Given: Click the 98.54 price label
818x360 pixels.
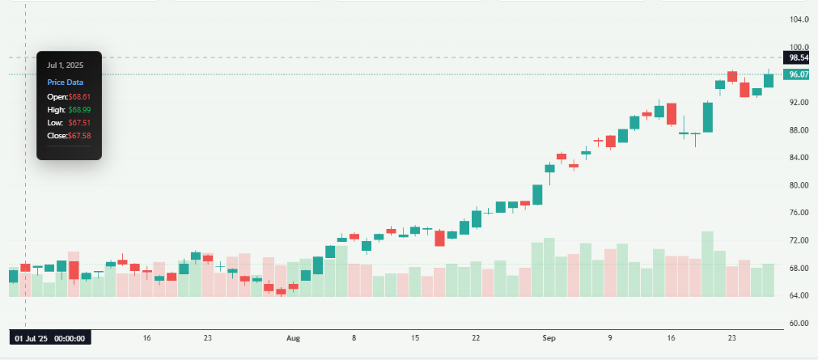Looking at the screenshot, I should click(x=799, y=57).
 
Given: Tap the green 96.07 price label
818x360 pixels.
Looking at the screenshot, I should click(x=799, y=74).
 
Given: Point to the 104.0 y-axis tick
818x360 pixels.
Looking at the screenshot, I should click(x=799, y=19).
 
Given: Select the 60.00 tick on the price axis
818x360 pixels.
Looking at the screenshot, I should click(x=799, y=324).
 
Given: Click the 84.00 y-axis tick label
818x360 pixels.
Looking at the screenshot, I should click(x=799, y=158).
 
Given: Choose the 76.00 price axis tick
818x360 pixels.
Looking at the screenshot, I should click(x=799, y=213).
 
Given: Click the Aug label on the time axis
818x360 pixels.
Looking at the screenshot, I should click(x=294, y=338).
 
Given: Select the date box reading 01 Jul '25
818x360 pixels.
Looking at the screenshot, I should click(x=50, y=338).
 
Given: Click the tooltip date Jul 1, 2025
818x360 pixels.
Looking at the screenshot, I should click(x=65, y=65).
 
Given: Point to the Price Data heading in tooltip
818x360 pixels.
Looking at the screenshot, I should click(x=65, y=82).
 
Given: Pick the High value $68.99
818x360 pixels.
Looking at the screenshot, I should click(x=78, y=109).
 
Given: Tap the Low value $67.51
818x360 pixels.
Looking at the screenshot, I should click(x=78, y=122).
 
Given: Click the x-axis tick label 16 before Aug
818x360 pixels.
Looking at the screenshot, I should click(x=146, y=338).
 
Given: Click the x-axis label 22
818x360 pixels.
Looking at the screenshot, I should click(x=477, y=338).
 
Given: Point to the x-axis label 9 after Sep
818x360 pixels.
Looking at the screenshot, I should click(x=610, y=338).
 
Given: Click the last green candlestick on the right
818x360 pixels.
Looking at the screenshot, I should click(x=768, y=80).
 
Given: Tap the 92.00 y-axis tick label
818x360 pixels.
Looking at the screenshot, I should click(x=799, y=103).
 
